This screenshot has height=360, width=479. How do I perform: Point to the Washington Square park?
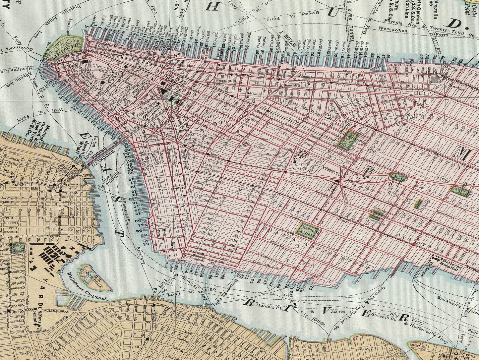[x=348, y=139]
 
